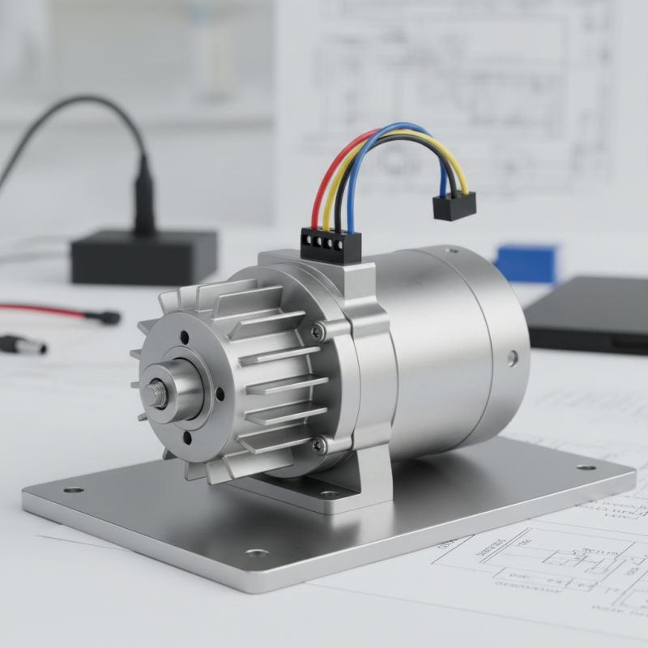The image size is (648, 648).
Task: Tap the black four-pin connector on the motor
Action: [x=330, y=244]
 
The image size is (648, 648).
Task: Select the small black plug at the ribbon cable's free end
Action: [x=454, y=206]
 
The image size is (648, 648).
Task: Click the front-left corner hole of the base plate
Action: [x=73, y=489]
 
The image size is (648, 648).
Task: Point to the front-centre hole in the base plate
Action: [x=257, y=552]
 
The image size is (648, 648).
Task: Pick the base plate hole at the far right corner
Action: [x=586, y=467]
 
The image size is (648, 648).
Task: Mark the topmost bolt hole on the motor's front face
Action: [x=185, y=339]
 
